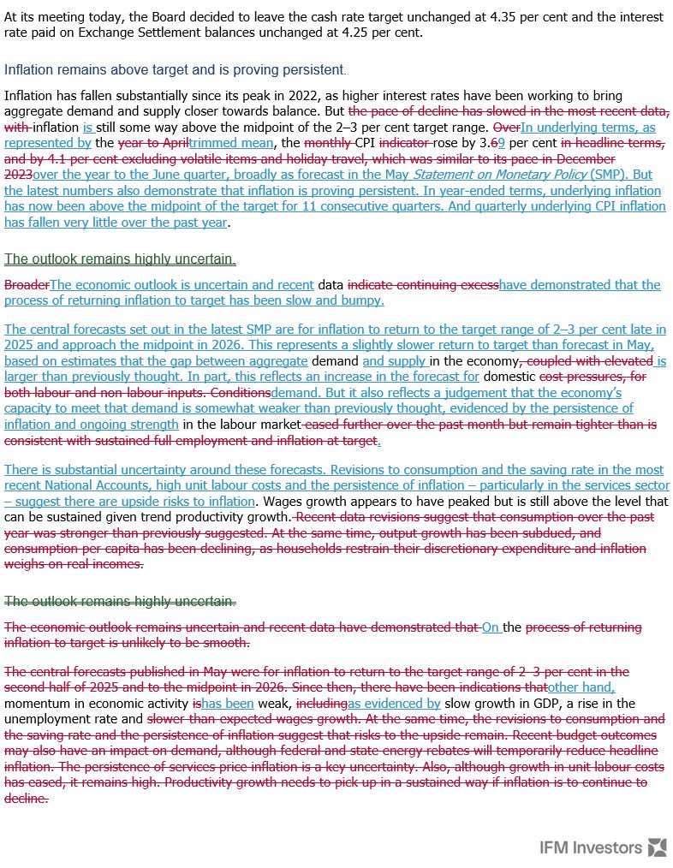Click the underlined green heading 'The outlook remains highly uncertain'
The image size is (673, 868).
tap(120, 259)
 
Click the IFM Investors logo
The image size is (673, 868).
tap(603, 847)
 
